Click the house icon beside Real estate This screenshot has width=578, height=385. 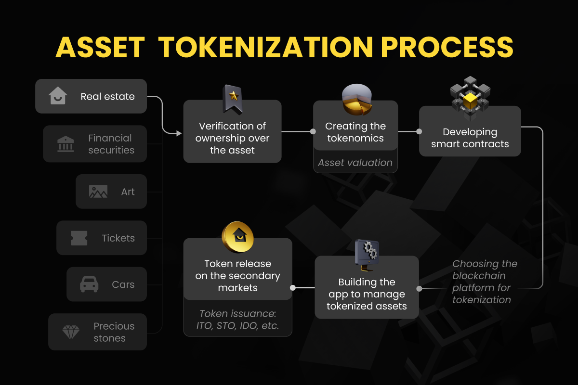coord(58,95)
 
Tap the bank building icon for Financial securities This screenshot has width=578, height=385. coord(66,144)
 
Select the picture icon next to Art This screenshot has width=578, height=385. coord(98,192)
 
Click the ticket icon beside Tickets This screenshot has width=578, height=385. coord(79,238)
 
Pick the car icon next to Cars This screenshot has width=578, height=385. coord(89,284)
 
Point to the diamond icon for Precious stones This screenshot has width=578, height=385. coord(71,332)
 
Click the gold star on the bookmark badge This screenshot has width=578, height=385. coord(234,96)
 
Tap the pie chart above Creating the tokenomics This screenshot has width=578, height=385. coord(357,99)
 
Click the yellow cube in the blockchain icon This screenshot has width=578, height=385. coord(471,101)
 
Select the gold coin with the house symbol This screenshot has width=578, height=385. coord(237,237)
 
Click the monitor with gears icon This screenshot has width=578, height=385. coord(367,255)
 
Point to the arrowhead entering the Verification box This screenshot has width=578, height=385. coord(179,133)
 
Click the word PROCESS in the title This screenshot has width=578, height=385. coord(447,47)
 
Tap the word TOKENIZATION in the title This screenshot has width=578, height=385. coord(265,47)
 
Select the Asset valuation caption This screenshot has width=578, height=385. coord(355,163)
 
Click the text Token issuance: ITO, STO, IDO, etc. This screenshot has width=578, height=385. coord(237,320)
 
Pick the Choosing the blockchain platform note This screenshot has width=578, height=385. coord(485,282)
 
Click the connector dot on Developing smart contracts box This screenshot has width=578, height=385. coord(420,131)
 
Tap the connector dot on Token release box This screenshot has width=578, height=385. coord(293,288)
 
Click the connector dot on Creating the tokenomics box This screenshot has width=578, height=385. coord(313,131)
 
